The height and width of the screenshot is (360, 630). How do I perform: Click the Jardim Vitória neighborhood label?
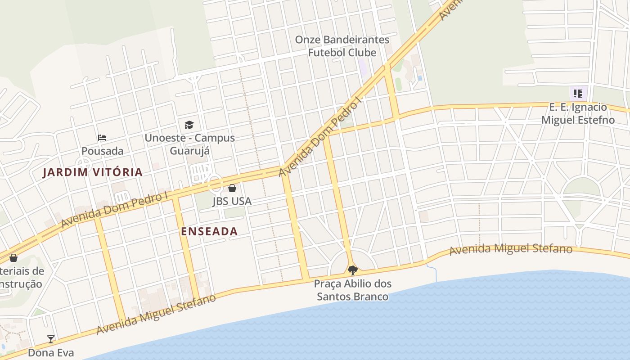[92, 172]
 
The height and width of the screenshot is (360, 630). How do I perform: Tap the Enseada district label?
[209, 231]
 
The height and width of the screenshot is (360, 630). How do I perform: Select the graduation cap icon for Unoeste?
[189, 125]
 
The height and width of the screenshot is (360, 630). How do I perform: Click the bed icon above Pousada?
[102, 138]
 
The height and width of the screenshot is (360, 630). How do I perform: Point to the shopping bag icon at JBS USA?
[232, 188]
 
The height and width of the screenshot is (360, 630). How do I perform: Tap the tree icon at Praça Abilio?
[353, 270]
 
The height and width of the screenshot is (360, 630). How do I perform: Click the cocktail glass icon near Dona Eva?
[51, 339]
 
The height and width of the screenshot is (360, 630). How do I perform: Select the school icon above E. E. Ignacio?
[578, 94]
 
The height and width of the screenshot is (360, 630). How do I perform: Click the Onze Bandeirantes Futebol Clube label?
[342, 46]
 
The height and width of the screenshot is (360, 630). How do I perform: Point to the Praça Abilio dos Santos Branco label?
[353, 290]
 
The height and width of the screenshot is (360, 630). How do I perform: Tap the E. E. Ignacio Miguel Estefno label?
[578, 113]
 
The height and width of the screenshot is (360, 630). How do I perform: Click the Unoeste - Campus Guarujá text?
[189, 144]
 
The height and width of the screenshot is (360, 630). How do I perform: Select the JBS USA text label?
[232, 201]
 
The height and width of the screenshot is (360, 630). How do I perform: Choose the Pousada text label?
[102, 151]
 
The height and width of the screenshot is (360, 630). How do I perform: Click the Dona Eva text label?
[51, 352]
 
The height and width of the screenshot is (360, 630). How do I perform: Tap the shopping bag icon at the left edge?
[13, 258]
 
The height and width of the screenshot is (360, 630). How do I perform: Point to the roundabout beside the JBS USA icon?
[215, 183]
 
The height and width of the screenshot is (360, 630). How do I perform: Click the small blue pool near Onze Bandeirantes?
[420, 78]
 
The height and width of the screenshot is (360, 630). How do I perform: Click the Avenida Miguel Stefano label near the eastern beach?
[511, 249]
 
